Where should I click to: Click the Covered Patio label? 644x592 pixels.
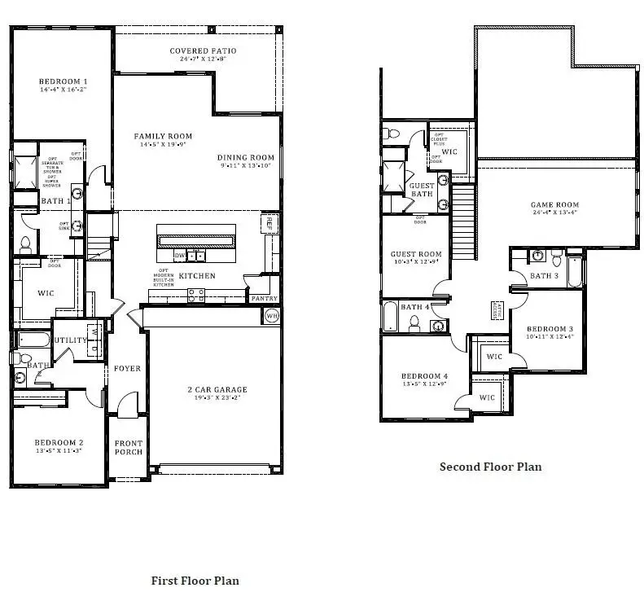pos(203,51)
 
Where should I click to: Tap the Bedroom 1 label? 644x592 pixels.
pos(63,81)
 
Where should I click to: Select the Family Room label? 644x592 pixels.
pos(163,136)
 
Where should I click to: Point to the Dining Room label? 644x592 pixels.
pos(245,157)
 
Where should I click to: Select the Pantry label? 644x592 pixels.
pos(264,298)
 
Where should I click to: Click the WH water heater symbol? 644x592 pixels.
pos(273,315)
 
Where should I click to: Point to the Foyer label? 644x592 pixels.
pos(127,368)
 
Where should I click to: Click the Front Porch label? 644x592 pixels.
pos(129,447)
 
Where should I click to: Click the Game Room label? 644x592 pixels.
pos(554,205)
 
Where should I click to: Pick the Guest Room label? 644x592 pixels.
pos(415,254)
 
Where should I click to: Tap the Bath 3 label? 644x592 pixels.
pos(545,275)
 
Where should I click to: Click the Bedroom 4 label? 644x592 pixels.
pos(423,376)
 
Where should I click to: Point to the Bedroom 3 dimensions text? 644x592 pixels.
pos(549,335)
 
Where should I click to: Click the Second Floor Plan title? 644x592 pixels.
pos(490,467)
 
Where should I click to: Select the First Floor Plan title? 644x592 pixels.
pos(195,581)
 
